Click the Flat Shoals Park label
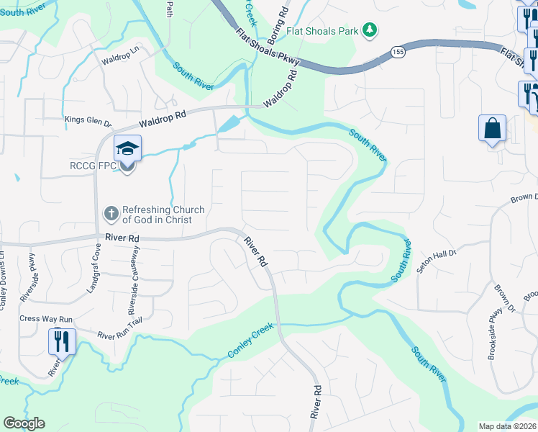click(x=323, y=30)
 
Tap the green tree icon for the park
click(x=369, y=30)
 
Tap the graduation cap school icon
click(x=127, y=149)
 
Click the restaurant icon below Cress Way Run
click(x=61, y=340)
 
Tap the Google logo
click(x=24, y=423)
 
